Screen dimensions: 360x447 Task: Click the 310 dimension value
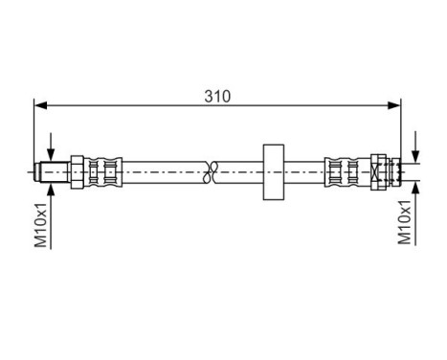(215, 97)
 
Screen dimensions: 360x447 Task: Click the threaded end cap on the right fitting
(385, 171)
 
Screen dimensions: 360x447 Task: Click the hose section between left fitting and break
(163, 171)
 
